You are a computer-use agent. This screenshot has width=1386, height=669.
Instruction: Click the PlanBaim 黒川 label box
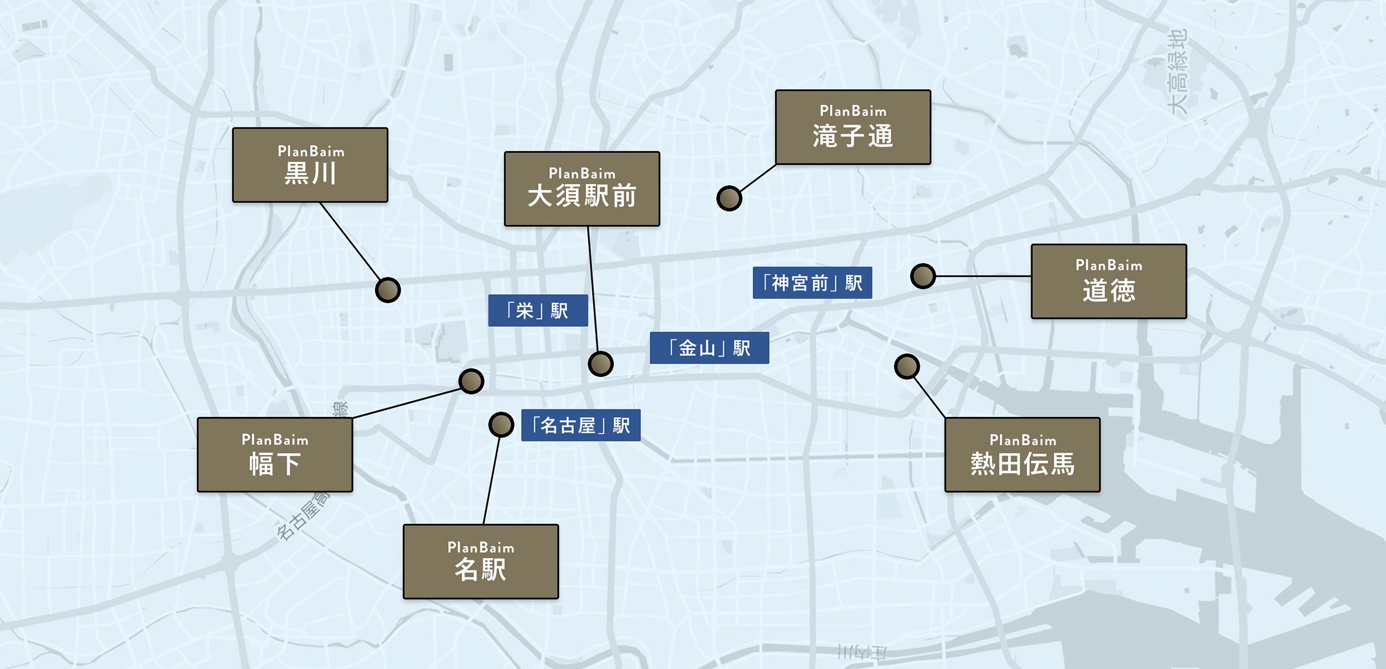[310, 165]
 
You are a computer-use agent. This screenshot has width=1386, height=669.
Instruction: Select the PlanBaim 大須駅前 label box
[582, 189]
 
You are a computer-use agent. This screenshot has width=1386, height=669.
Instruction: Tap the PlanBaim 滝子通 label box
[853, 127]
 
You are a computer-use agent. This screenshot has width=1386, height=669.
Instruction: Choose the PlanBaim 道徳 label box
[1109, 281]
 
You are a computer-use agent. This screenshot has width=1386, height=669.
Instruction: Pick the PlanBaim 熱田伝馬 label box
[1022, 454]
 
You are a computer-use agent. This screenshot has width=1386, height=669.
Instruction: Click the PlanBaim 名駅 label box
[481, 561]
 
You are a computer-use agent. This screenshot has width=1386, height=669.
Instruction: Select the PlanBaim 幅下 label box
[275, 454]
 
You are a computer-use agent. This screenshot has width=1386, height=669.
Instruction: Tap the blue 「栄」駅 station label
[538, 311]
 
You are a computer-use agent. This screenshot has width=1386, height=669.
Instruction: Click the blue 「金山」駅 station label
[709, 348]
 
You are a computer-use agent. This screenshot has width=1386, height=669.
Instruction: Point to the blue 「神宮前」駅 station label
[812, 283]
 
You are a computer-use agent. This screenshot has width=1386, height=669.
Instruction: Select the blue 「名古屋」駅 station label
[581, 425]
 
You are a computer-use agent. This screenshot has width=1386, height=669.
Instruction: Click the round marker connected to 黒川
[388, 290]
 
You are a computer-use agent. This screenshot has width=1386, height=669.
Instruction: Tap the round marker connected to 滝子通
[729, 199]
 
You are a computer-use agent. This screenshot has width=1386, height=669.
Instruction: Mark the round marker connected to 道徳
[923, 276]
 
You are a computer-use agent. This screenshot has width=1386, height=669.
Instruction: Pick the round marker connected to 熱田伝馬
[907, 367]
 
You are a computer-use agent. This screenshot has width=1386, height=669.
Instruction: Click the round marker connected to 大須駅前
[601, 364]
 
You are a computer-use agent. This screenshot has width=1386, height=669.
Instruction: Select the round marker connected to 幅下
[471, 381]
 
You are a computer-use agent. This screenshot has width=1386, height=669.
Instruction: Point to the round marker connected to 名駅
[501, 425]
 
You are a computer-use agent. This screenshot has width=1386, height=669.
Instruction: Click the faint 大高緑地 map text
[1177, 71]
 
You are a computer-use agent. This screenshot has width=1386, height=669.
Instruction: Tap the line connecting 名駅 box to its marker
[492, 480]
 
